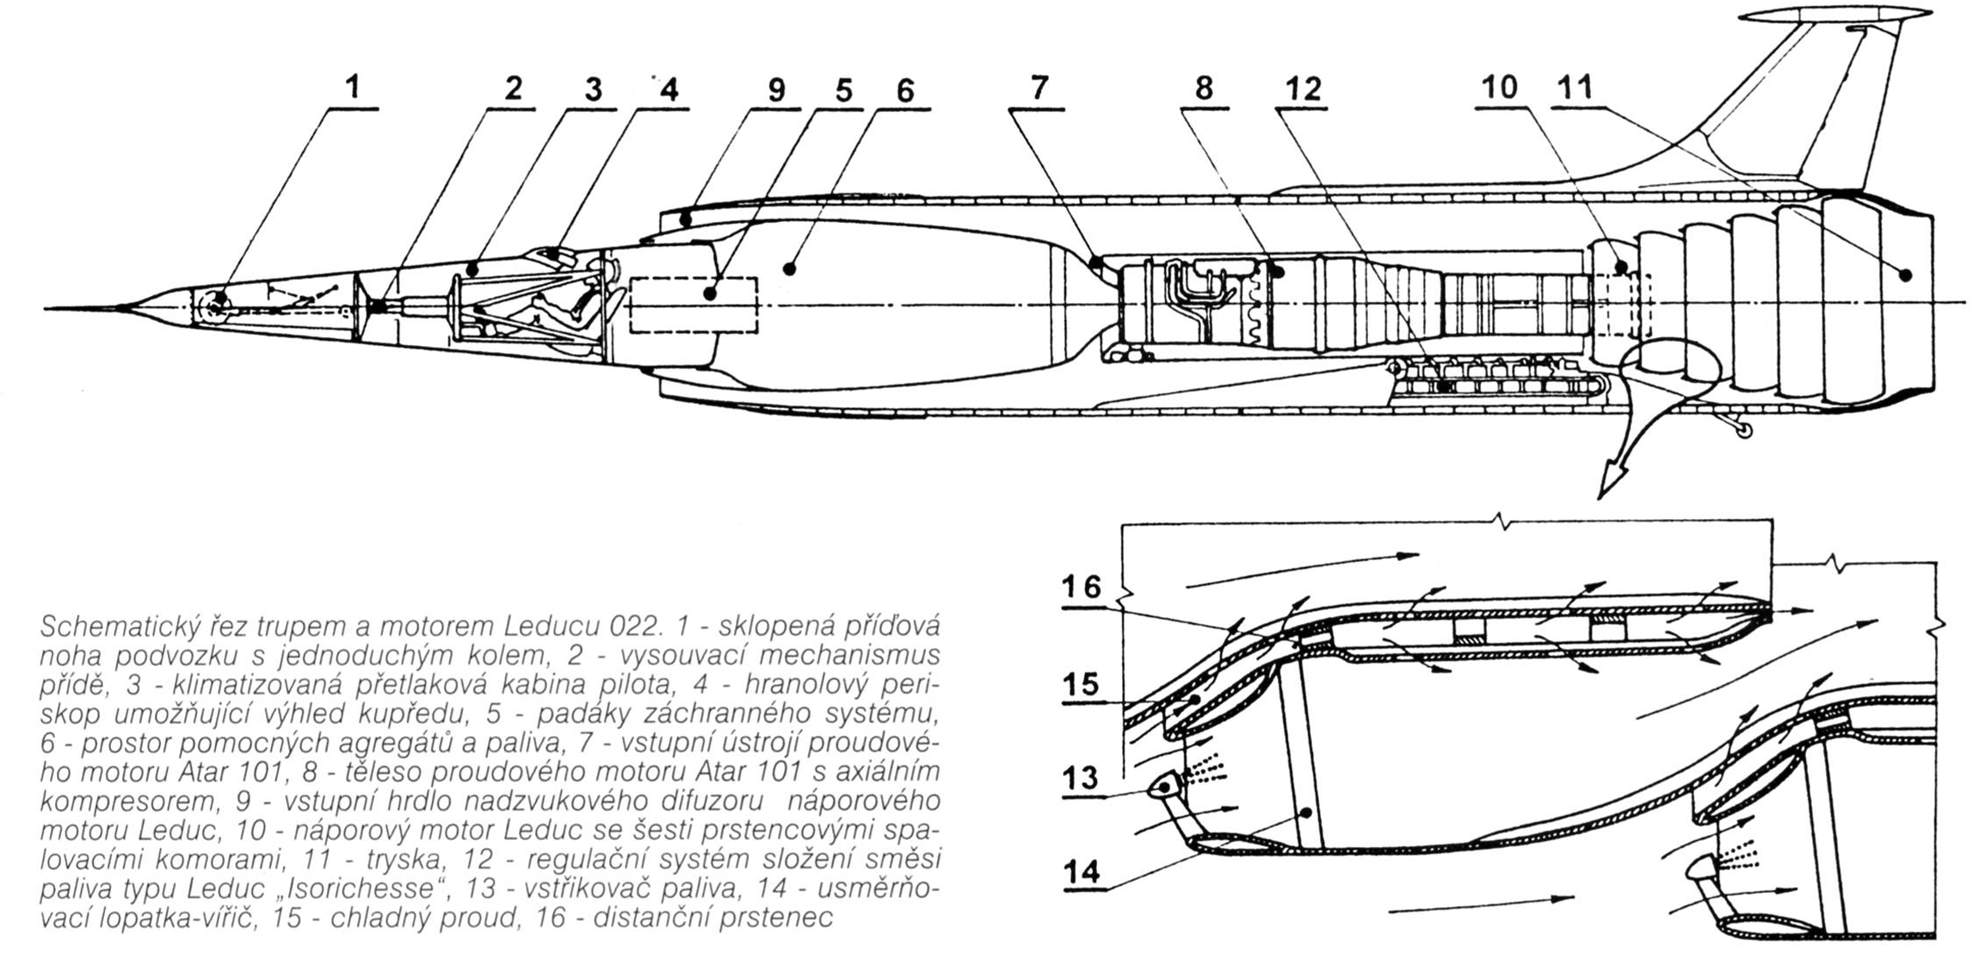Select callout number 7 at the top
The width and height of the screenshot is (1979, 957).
point(1039,88)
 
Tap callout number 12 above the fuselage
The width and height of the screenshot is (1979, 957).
point(1303,89)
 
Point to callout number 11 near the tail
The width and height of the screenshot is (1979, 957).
point(1576,87)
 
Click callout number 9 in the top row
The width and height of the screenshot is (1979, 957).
point(776,90)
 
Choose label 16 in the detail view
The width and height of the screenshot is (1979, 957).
point(1081,587)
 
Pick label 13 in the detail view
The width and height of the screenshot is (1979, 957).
point(1081,778)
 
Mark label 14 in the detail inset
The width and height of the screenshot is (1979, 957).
point(1082,872)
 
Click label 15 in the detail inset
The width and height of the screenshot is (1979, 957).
point(1081,684)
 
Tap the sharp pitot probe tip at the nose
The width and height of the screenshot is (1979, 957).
point(46,307)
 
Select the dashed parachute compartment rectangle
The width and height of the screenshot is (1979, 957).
point(694,306)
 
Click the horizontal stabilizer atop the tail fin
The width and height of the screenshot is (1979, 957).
point(1833,15)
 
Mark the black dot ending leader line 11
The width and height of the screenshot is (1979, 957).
point(1906,275)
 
